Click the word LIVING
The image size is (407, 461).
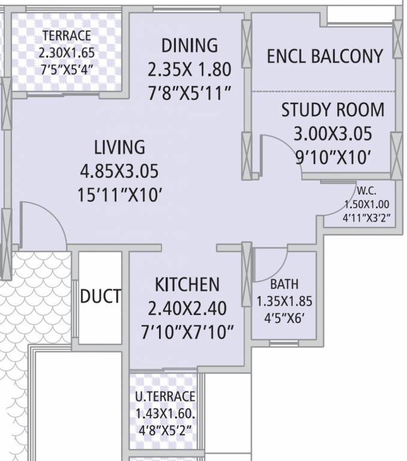(119, 147)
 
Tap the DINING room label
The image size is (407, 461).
(190, 46)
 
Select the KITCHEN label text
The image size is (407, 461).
(187, 284)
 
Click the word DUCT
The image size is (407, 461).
(101, 296)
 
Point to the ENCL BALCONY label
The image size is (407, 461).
(325, 56)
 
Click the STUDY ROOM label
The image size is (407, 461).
(333, 110)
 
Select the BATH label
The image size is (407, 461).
(284, 284)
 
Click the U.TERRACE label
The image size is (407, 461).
(164, 396)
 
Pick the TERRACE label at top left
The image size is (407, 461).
(67, 35)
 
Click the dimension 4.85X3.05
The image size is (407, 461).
(119, 172)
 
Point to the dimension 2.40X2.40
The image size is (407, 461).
(187, 309)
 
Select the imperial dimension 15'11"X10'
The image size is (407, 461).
(119, 195)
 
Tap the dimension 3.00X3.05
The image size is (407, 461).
(333, 133)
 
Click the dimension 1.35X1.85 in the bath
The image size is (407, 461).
(284, 301)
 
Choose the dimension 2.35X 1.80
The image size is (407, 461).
(190, 69)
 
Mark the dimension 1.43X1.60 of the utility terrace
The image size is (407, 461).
(166, 414)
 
